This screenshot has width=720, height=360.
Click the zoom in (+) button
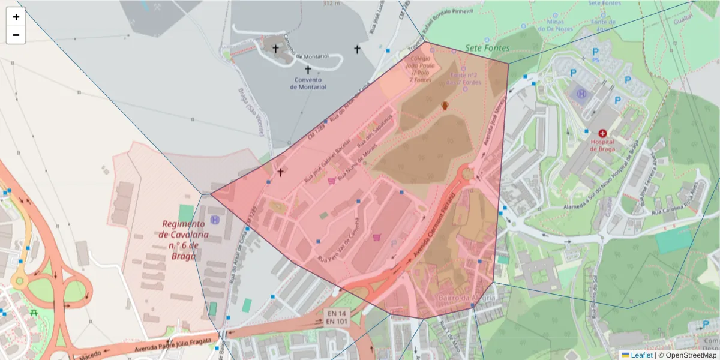pyautogui.click(x=16, y=17)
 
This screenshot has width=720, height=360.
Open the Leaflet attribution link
pyautogui.click(x=641, y=355)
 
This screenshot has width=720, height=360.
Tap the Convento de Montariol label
pyautogui.click(x=308, y=83)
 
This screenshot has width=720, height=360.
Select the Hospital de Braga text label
pyautogui.click(x=602, y=146)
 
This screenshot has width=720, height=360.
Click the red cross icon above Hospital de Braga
pyautogui.click(x=602, y=133)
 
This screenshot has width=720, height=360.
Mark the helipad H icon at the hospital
pyautogui.click(x=581, y=94)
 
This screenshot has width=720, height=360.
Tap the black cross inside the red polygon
pyautogui.click(x=280, y=172)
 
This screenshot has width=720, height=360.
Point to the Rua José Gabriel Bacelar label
pyautogui.click(x=328, y=167)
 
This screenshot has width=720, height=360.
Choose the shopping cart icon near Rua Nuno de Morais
pyautogui.click(x=331, y=181)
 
